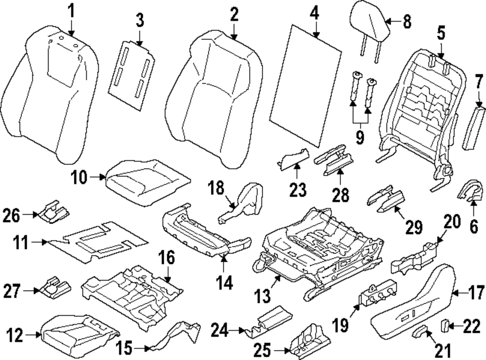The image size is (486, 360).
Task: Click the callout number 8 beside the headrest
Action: coord(407,21)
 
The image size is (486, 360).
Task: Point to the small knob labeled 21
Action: coord(419,332)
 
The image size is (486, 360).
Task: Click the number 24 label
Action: coord(221,332)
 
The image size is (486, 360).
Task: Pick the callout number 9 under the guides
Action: coord(359,137)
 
